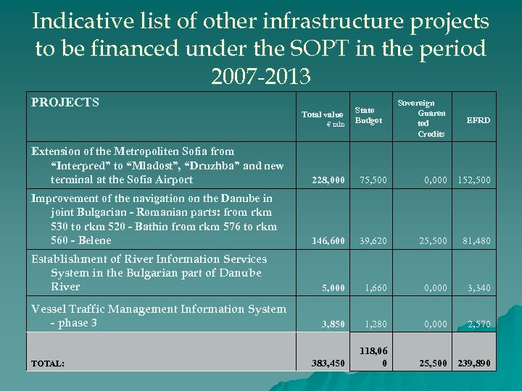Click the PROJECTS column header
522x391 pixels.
point(65,103)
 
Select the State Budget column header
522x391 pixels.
point(368,115)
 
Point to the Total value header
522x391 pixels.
point(323,114)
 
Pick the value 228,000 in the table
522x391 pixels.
point(328,180)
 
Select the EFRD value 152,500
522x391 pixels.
point(474,180)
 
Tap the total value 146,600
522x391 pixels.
point(328,240)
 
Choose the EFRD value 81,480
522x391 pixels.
point(477,240)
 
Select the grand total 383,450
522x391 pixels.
point(328,363)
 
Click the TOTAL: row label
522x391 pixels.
point(47,363)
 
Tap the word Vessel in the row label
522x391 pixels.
point(48,309)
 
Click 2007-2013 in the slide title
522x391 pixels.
point(261,75)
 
